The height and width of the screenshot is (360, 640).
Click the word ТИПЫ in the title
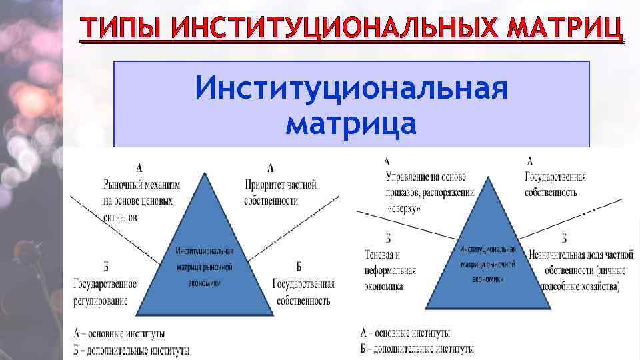(119, 29)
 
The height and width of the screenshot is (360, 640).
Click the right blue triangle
(488, 260)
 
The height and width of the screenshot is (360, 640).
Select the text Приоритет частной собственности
(280, 193)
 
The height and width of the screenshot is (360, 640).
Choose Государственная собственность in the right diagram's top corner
(555, 185)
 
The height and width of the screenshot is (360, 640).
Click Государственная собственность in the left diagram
(303, 293)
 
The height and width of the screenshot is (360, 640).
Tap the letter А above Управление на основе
(387, 161)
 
